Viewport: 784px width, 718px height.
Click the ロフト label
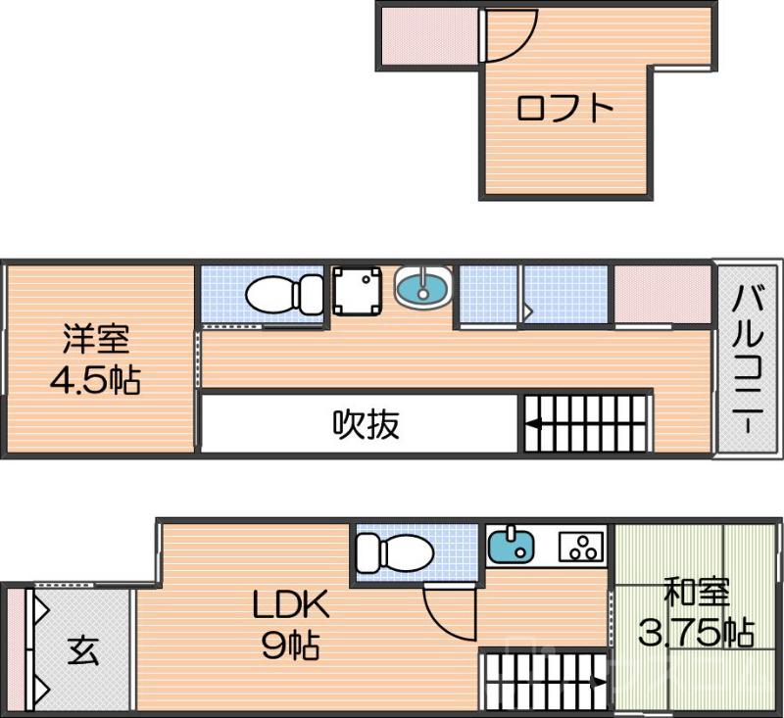(564, 107)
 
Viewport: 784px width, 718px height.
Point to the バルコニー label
(749, 359)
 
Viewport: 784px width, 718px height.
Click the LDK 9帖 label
(290, 625)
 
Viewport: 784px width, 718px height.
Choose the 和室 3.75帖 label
(697, 613)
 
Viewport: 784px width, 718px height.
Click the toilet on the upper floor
(283, 292)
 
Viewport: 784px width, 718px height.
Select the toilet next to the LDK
(393, 552)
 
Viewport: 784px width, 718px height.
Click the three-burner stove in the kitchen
(580, 547)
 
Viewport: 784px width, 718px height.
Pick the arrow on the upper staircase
(535, 424)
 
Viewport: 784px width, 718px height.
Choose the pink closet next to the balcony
(661, 292)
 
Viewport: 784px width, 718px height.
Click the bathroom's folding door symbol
(526, 310)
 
